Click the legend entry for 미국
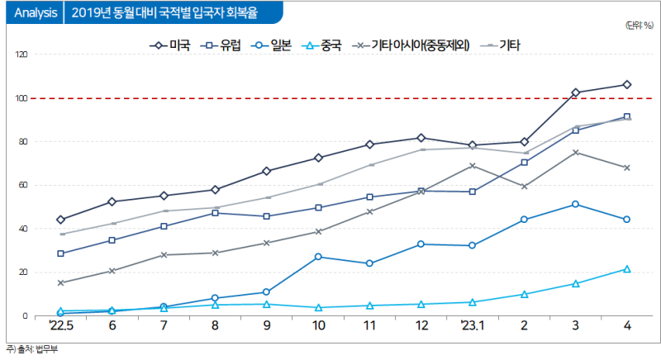pos(169,44)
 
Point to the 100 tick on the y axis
pos(21,98)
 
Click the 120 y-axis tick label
pos(21,54)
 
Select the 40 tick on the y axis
pos(23,229)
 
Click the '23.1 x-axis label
pos(472,327)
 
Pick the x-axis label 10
pos(318,327)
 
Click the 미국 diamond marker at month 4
pos(627,84)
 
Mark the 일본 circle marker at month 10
pos(318,257)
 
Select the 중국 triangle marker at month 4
pos(627,269)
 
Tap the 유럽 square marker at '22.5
pos(60,253)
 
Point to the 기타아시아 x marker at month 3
pos(575,153)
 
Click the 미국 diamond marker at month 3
pos(575,92)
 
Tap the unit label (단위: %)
pos(641,25)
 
